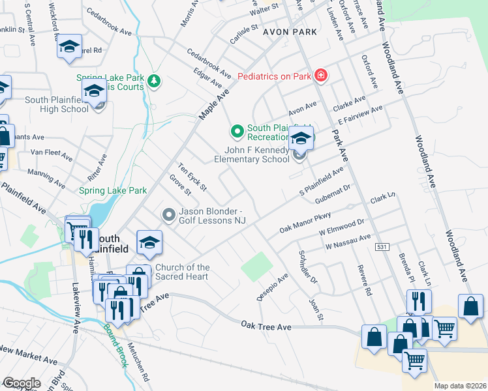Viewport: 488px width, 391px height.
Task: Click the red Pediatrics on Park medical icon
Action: click(x=320, y=76)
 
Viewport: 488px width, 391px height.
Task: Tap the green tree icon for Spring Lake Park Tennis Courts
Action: click(x=155, y=81)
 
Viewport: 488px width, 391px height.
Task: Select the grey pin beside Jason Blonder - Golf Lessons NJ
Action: click(x=169, y=214)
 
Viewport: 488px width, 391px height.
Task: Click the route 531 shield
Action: click(x=382, y=247)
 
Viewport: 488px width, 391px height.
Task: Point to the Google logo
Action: click(x=22, y=383)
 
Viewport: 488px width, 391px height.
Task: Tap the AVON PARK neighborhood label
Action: click(x=290, y=31)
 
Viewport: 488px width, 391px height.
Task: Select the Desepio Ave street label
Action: click(x=272, y=287)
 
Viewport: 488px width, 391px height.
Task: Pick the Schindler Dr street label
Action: click(x=307, y=267)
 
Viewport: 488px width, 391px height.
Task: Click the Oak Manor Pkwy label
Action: click(x=305, y=222)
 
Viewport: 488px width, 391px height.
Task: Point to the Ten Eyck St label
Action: click(x=192, y=177)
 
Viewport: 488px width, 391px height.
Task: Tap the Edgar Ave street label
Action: click(x=208, y=80)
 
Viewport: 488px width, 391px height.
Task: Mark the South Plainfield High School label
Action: click(x=57, y=104)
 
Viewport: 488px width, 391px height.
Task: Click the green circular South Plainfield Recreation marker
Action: click(x=236, y=132)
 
